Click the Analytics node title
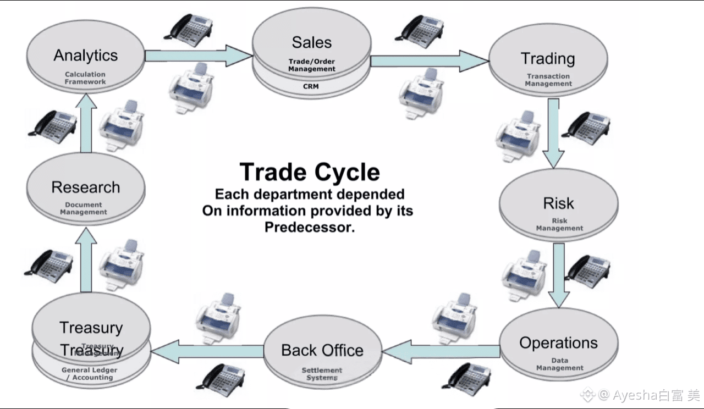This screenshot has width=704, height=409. pyautogui.click(x=85, y=56)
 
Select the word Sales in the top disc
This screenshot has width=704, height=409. pyautogui.click(x=311, y=42)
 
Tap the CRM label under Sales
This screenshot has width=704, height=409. pyautogui.click(x=311, y=86)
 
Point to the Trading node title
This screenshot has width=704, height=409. pyautogui.click(x=548, y=58)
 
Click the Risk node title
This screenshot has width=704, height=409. pyautogui.click(x=558, y=203)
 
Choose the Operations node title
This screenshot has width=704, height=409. pyautogui.click(x=558, y=343)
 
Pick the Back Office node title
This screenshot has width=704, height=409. pyautogui.click(x=322, y=350)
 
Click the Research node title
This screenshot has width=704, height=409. pyautogui.click(x=85, y=187)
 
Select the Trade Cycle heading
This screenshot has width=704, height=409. pyautogui.click(x=310, y=172)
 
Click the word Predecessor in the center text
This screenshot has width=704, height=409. pyautogui.click(x=310, y=227)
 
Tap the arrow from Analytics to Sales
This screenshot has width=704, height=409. pyautogui.click(x=198, y=56)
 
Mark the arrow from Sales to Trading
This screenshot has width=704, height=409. pyautogui.click(x=429, y=60)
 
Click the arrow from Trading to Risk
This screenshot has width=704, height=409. pyautogui.click(x=553, y=132)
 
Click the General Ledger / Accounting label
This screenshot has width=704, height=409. pyautogui.click(x=90, y=374)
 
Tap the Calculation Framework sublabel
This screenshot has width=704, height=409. pyautogui.click(x=85, y=78)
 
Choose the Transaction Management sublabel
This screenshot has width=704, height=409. pyautogui.click(x=548, y=80)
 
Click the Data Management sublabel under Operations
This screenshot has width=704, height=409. pyautogui.click(x=559, y=364)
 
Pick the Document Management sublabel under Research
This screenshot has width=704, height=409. pyautogui.click(x=84, y=208)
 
